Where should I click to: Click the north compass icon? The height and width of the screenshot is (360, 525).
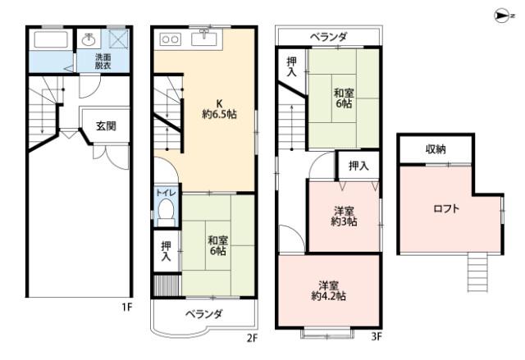[503, 14]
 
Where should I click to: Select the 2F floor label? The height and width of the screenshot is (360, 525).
[253, 337]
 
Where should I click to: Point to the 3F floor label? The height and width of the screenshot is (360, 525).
[376, 337]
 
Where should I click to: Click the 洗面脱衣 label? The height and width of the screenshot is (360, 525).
[102, 62]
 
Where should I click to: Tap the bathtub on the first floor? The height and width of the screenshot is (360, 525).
[50, 41]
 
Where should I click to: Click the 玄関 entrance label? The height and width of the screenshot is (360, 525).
[106, 126]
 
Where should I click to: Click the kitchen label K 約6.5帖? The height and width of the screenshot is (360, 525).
[218, 109]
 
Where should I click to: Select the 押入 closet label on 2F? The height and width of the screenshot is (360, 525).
[165, 251]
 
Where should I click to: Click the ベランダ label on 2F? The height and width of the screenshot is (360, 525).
[203, 314]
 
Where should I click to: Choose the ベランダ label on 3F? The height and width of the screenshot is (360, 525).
[328, 36]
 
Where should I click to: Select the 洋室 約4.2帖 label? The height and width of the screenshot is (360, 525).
[328, 290]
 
